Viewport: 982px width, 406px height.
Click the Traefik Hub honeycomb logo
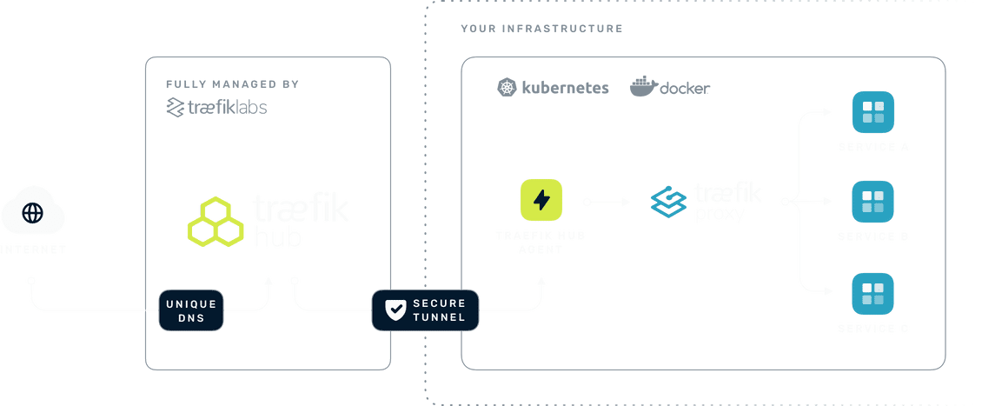pyautogui.click(x=215, y=220)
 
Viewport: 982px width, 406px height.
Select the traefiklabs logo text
pyautogui.click(x=216, y=108)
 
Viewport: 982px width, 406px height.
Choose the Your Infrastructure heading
pyautogui.click(x=541, y=28)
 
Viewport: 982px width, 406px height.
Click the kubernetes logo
pyautogui.click(x=552, y=88)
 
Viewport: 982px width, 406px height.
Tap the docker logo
pyautogui.click(x=670, y=88)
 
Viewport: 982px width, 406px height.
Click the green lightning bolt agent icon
pyautogui.click(x=541, y=201)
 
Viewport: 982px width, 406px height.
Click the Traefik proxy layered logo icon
pyautogui.click(x=668, y=203)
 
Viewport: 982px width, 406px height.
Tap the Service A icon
pyautogui.click(x=873, y=111)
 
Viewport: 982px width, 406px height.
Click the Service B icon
pyautogui.click(x=873, y=202)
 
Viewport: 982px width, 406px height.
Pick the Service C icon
pyautogui.click(x=873, y=293)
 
